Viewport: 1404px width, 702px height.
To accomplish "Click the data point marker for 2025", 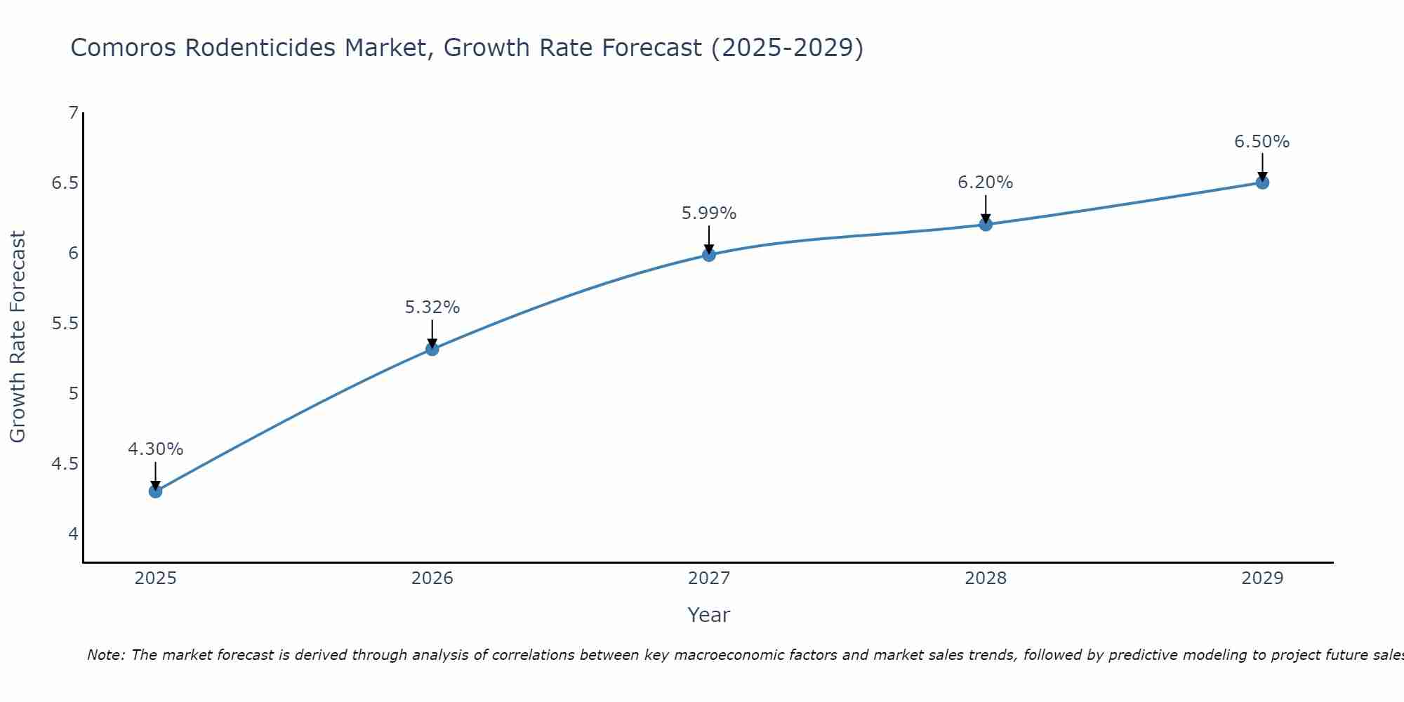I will [x=156, y=491].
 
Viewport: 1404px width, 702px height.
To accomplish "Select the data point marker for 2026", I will [x=432, y=349].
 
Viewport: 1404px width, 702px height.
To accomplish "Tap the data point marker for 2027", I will [x=709, y=255].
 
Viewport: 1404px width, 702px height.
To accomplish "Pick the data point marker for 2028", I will [x=986, y=225].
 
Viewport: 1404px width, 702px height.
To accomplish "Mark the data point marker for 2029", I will [x=1262, y=183].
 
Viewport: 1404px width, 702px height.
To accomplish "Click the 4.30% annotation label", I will [x=156, y=449].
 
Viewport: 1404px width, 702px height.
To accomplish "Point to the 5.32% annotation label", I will [x=432, y=307].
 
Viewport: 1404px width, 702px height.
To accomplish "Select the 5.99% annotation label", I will [x=709, y=213].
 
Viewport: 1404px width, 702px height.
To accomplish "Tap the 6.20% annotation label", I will [x=986, y=183].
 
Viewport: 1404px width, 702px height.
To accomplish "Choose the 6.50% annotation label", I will [x=1262, y=142].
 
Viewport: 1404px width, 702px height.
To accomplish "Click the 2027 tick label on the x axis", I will [x=709, y=578].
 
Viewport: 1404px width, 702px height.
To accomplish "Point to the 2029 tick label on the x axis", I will [x=1262, y=578].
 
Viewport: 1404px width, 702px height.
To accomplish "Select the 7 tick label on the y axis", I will [x=73, y=113].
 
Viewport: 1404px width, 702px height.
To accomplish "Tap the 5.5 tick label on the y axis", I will [x=65, y=324].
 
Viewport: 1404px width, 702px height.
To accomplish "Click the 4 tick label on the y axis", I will [x=73, y=534].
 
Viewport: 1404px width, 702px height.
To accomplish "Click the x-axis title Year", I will [x=709, y=615].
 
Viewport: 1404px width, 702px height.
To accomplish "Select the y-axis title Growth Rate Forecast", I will [x=18, y=337].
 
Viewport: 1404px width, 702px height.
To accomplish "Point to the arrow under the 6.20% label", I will [x=986, y=208].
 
